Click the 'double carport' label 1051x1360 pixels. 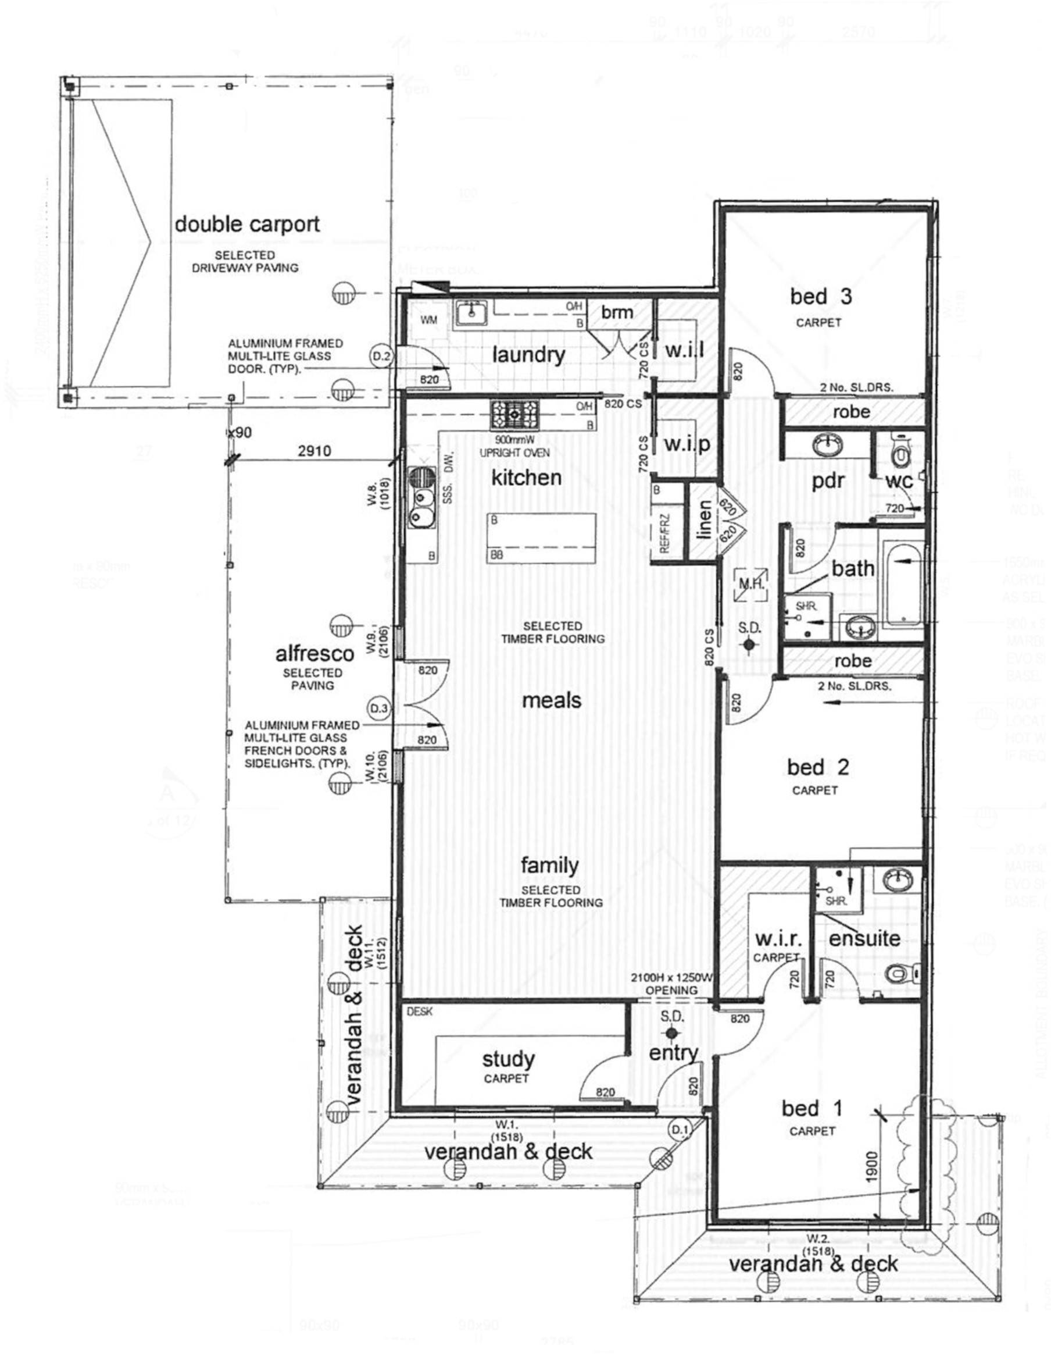pos(247,224)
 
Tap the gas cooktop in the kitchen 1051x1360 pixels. pos(516,413)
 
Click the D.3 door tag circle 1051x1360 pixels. pos(379,708)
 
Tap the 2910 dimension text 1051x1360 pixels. pos(314,450)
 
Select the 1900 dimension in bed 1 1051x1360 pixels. pos(871,1167)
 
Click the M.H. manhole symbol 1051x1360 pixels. pos(751,584)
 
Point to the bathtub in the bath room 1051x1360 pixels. pos(902,584)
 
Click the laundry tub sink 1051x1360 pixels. pos(473,312)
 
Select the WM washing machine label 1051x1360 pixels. pos(429,320)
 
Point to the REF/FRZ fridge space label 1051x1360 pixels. pos(664,533)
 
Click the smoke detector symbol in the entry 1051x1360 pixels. pos(670,1033)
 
